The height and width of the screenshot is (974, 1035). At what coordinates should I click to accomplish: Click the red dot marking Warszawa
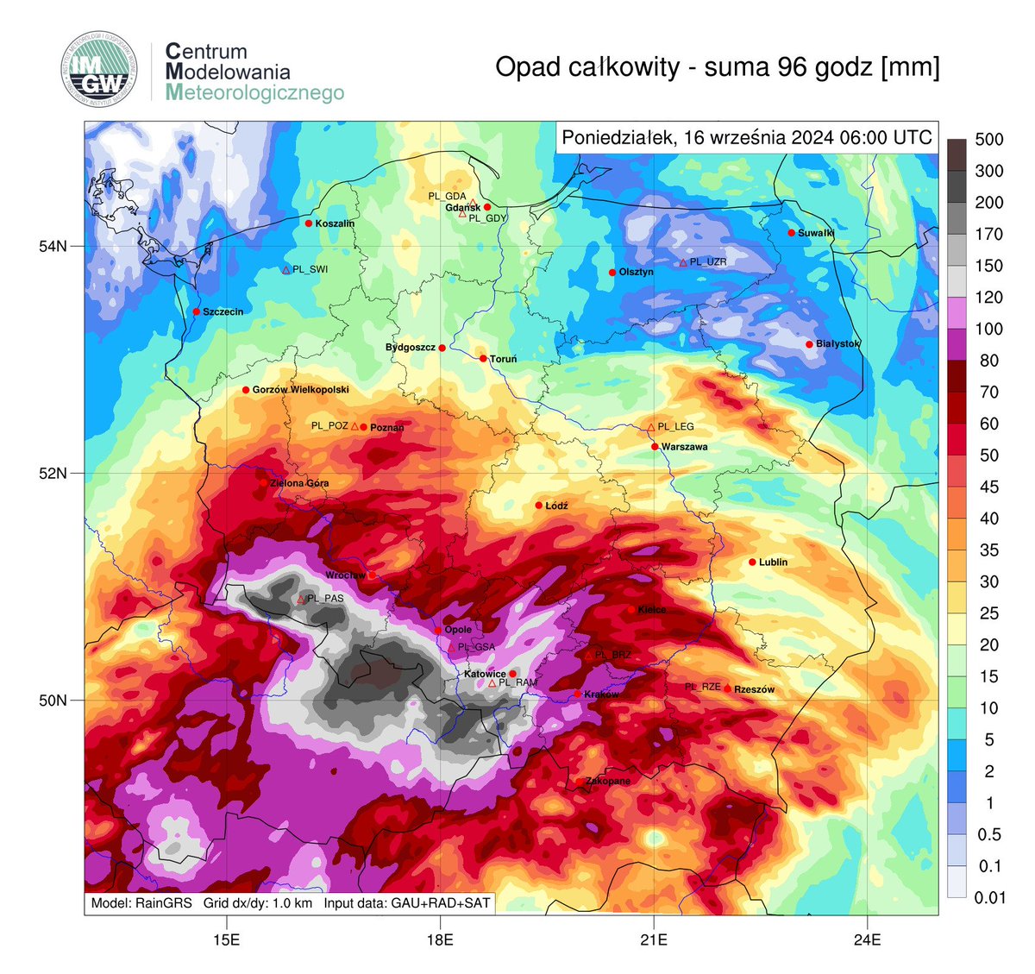pyautogui.click(x=655, y=447)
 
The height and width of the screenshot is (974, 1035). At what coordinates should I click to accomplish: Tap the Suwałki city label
pyautogui.click(x=816, y=233)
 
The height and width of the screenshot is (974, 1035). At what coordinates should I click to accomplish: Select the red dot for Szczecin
pyautogui.click(x=197, y=311)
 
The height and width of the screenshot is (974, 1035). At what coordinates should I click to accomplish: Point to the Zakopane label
pyautogui.click(x=608, y=782)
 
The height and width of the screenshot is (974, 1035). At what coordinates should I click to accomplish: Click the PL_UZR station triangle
pyautogui.click(x=683, y=262)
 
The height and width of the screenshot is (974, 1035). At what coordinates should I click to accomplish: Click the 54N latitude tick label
pyautogui.click(x=53, y=247)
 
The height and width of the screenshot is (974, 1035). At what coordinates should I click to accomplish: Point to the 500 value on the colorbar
pyautogui.click(x=988, y=140)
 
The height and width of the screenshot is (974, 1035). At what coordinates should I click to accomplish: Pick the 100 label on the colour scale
pyautogui.click(x=988, y=330)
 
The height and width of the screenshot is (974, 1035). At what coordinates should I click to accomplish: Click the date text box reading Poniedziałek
pyautogui.click(x=746, y=138)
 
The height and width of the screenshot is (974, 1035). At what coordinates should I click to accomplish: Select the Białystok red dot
pyautogui.click(x=809, y=345)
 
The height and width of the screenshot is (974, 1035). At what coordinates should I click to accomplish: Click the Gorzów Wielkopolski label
pyautogui.click(x=300, y=390)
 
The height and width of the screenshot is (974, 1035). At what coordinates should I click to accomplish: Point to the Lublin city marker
pyautogui.click(x=752, y=562)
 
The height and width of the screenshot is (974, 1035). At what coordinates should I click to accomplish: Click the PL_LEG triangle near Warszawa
pyautogui.click(x=651, y=427)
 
